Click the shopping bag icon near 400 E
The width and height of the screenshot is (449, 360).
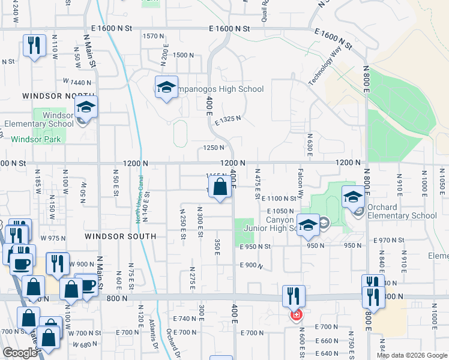point(221,187)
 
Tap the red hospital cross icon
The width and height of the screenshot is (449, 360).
point(296,314)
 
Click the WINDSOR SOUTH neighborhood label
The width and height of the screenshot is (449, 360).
point(120,236)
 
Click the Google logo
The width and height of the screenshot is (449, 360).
point(20,353)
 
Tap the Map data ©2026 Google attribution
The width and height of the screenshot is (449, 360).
point(411,355)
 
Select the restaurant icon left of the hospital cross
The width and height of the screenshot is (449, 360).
point(294,295)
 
